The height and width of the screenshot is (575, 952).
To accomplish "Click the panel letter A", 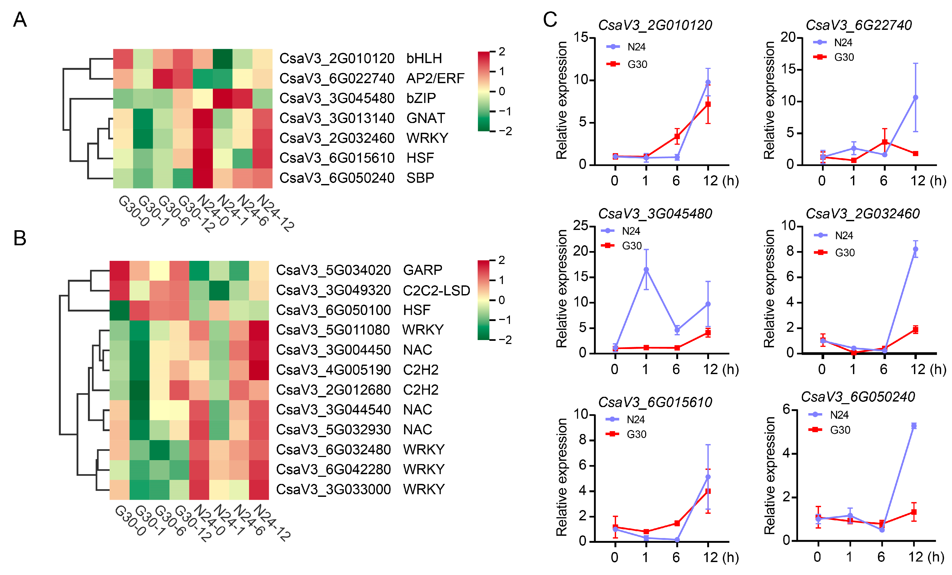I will pos(20,19).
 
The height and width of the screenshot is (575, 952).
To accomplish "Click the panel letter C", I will pos(550,19).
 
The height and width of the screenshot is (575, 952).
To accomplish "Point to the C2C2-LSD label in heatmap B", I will pos(436,290).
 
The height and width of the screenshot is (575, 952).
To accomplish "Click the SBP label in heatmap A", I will pos(420,178).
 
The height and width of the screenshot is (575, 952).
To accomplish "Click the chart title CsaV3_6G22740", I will pos(859,25).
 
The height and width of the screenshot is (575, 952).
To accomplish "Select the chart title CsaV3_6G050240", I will pos(858,397).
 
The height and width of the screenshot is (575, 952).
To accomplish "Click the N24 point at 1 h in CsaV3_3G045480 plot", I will pos(646,270).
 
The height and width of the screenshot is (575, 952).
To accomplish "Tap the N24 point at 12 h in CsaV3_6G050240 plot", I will pos(914,426).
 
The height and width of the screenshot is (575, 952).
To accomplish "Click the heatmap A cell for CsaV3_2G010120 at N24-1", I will pos(223,59).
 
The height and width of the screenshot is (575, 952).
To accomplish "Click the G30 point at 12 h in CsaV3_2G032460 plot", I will pos(915,329).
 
